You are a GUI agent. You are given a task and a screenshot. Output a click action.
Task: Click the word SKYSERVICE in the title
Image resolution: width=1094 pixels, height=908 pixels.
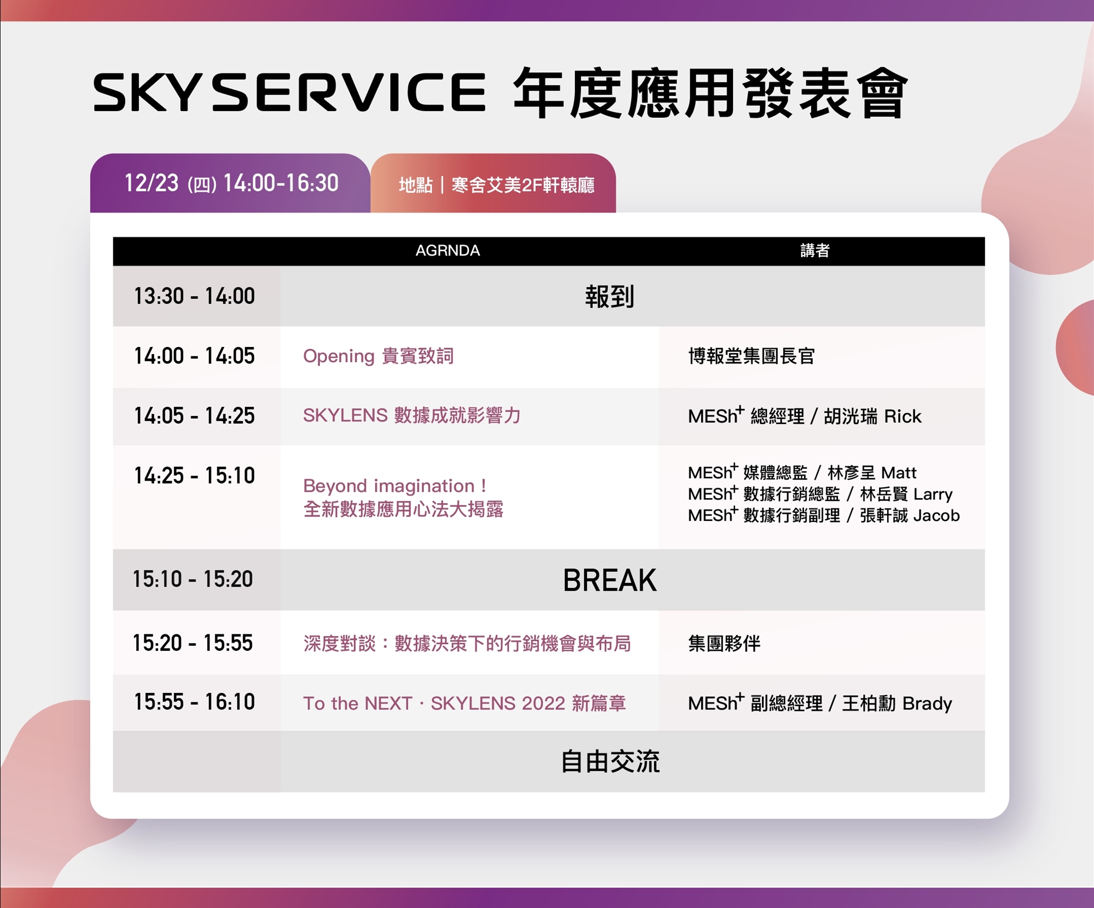289,92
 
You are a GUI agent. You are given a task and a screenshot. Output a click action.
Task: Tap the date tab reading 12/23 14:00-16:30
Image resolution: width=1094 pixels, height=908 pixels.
230,183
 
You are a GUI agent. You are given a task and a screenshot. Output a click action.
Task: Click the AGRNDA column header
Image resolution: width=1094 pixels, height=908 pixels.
447,251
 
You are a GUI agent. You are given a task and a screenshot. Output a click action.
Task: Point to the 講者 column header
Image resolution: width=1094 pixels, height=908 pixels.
815,251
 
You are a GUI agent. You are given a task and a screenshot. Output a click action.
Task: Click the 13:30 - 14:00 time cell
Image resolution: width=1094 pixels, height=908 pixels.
195,296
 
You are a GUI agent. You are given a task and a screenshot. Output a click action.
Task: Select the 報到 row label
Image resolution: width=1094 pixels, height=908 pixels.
609,297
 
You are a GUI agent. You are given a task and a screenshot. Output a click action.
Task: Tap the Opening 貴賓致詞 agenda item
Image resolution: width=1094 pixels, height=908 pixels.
379,356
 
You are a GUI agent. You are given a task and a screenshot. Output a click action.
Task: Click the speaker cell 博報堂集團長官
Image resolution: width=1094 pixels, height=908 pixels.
752,356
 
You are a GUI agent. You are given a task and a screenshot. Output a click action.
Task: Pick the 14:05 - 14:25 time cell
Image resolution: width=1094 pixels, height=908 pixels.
195,416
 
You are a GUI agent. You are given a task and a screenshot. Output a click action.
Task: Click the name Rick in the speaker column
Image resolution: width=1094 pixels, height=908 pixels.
903,417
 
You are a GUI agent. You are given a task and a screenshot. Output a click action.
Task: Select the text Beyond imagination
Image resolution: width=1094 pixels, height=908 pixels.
389,486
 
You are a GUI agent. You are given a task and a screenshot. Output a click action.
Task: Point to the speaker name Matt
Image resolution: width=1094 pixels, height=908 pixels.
899,472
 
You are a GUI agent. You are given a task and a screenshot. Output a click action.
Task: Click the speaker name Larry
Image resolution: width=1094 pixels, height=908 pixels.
933,494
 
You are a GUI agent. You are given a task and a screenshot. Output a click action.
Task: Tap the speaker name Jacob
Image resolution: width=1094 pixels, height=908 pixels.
936,516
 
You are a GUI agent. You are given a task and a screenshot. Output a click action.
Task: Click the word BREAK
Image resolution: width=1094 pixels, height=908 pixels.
609,580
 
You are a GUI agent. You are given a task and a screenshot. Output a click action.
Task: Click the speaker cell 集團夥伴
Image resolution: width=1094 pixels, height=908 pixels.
724,644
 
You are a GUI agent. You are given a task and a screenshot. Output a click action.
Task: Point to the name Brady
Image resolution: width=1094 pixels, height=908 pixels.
927,704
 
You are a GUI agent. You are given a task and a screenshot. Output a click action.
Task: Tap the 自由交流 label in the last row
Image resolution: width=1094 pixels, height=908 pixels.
610,762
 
